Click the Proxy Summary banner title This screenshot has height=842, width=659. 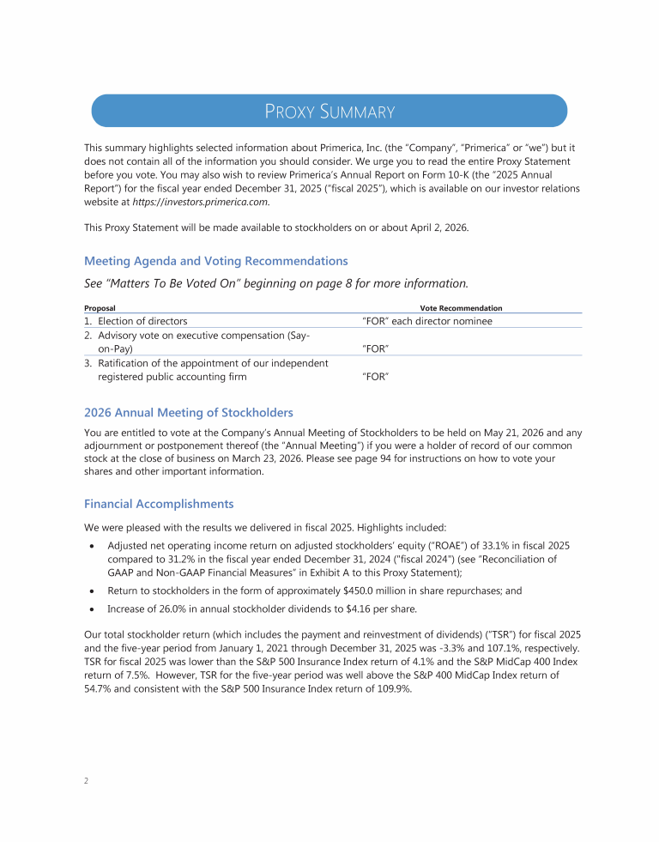point(329,112)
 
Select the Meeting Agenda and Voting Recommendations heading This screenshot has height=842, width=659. point(215,261)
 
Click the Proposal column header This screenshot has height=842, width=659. point(100,308)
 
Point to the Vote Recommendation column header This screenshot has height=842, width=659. point(461,308)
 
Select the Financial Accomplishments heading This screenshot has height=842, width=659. point(159,504)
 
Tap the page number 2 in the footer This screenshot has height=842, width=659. point(87,780)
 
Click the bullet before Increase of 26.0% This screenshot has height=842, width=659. point(91,609)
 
